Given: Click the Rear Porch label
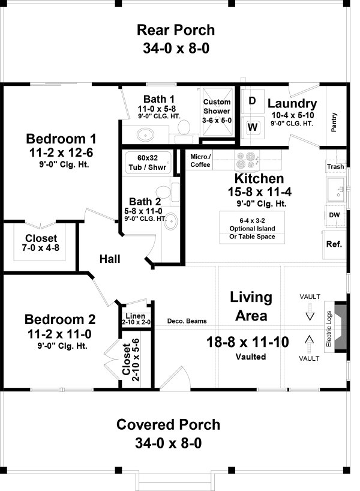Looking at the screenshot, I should pyautogui.click(x=175, y=30).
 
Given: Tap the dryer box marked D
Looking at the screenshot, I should pyautogui.click(x=253, y=101).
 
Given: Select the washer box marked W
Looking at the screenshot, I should pyautogui.click(x=253, y=127).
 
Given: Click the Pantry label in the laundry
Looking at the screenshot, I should pyautogui.click(x=334, y=121).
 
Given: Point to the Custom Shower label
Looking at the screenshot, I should pyautogui.click(x=217, y=107).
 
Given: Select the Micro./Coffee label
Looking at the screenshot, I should pyautogui.click(x=200, y=161).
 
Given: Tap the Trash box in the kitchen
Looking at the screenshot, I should pyautogui.click(x=335, y=167).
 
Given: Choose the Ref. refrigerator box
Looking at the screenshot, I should pyautogui.click(x=334, y=244).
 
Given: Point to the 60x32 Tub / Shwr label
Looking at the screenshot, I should pyautogui.click(x=146, y=162).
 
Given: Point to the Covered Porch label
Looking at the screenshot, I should pyautogui.click(x=168, y=425).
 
